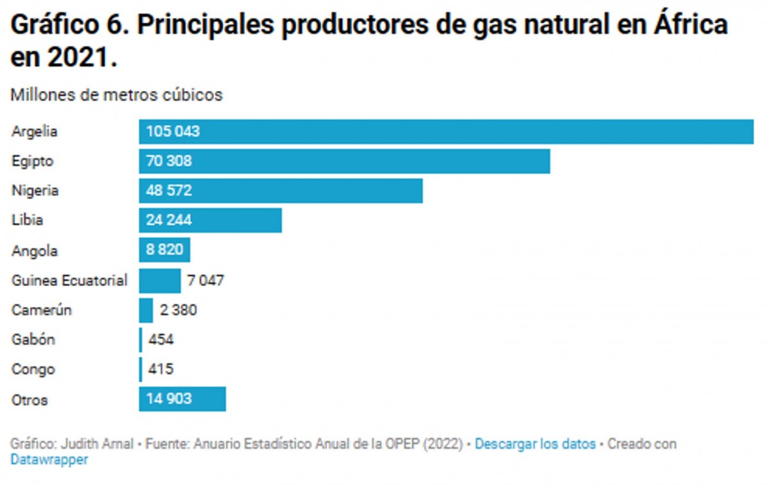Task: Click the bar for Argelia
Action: click(446, 132)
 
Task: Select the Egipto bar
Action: click(344, 162)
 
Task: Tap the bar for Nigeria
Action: click(281, 191)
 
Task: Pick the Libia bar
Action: click(210, 221)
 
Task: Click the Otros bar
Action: click(182, 399)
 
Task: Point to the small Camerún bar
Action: click(146, 310)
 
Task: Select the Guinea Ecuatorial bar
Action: click(160, 281)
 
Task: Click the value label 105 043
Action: click(173, 132)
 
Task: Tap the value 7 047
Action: click(206, 281)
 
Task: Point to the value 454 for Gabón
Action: click(161, 340)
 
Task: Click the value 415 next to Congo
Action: click(161, 369)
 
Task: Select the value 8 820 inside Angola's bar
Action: click(165, 250)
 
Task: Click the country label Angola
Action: click(34, 251)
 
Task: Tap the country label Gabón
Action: click(33, 340)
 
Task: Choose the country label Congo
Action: click(33, 370)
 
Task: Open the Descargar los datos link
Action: click(535, 444)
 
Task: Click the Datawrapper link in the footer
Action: click(49, 460)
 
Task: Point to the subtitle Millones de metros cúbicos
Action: click(117, 95)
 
